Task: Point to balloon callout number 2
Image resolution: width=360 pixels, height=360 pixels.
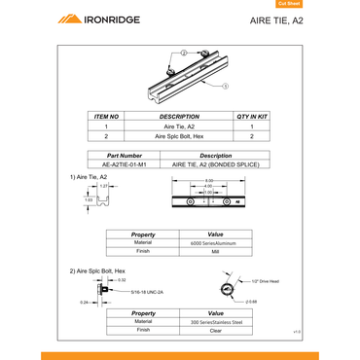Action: [x=183, y=52]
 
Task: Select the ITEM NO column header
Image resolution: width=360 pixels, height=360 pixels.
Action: [x=106, y=116]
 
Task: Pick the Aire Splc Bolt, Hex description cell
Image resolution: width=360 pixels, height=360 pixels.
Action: [x=179, y=137]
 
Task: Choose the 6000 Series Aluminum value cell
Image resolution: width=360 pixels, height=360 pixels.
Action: [x=216, y=241]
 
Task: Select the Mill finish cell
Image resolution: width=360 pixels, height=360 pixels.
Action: [x=216, y=251]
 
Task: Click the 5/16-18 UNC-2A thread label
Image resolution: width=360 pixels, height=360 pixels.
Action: [x=146, y=290]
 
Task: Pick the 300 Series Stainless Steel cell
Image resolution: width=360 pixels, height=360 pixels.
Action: [x=216, y=321]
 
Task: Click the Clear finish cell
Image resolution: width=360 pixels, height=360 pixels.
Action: [x=216, y=331]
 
